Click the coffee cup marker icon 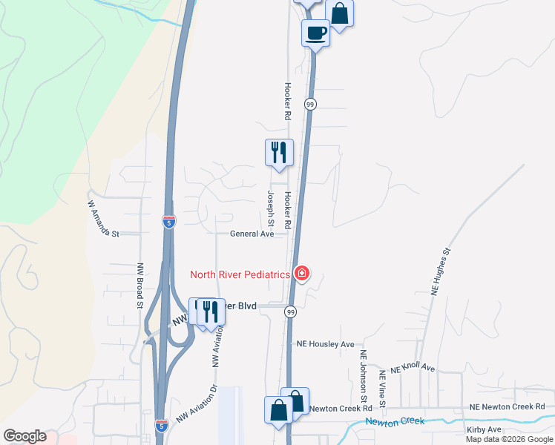pyautogui.click(x=315, y=33)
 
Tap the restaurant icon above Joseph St pyautogui.click(x=279, y=153)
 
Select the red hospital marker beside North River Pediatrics pyautogui.click(x=301, y=274)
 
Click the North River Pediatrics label pyautogui.click(x=240, y=274)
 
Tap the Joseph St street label pyautogui.click(x=271, y=208)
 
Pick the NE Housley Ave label pyautogui.click(x=326, y=344)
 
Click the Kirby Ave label pyautogui.click(x=485, y=429)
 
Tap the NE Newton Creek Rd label pyautogui.click(x=508, y=406)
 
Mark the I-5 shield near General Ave pyautogui.click(x=169, y=222)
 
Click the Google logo pyautogui.click(x=24, y=436)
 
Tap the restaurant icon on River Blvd pyautogui.click(x=211, y=311)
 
